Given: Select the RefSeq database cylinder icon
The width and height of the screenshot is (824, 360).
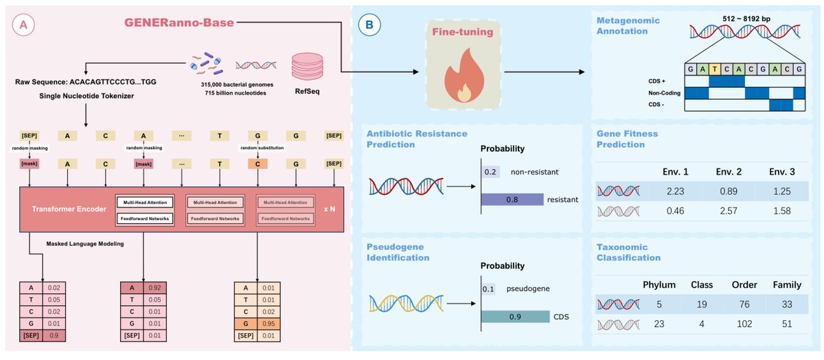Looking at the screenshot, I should point(307,68).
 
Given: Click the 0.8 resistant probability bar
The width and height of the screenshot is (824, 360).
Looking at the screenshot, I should point(511,199).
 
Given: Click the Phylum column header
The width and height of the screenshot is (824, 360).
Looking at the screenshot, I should point(660,284).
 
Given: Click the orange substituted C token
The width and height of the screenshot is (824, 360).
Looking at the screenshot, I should point(257,164).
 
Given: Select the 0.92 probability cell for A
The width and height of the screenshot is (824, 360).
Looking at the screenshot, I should point(154,289).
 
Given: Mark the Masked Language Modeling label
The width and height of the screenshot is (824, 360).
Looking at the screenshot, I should point(84,243).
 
